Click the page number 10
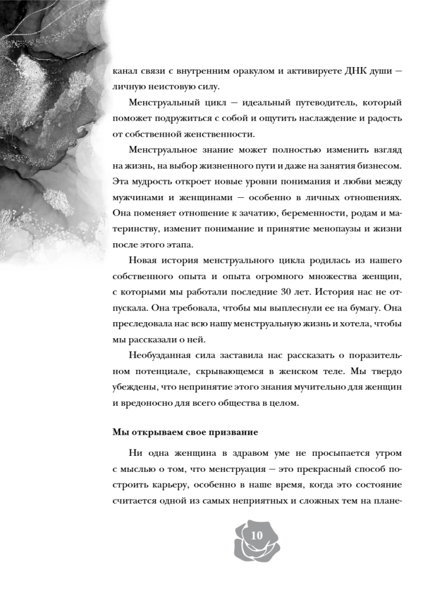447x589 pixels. coord(257,535)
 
